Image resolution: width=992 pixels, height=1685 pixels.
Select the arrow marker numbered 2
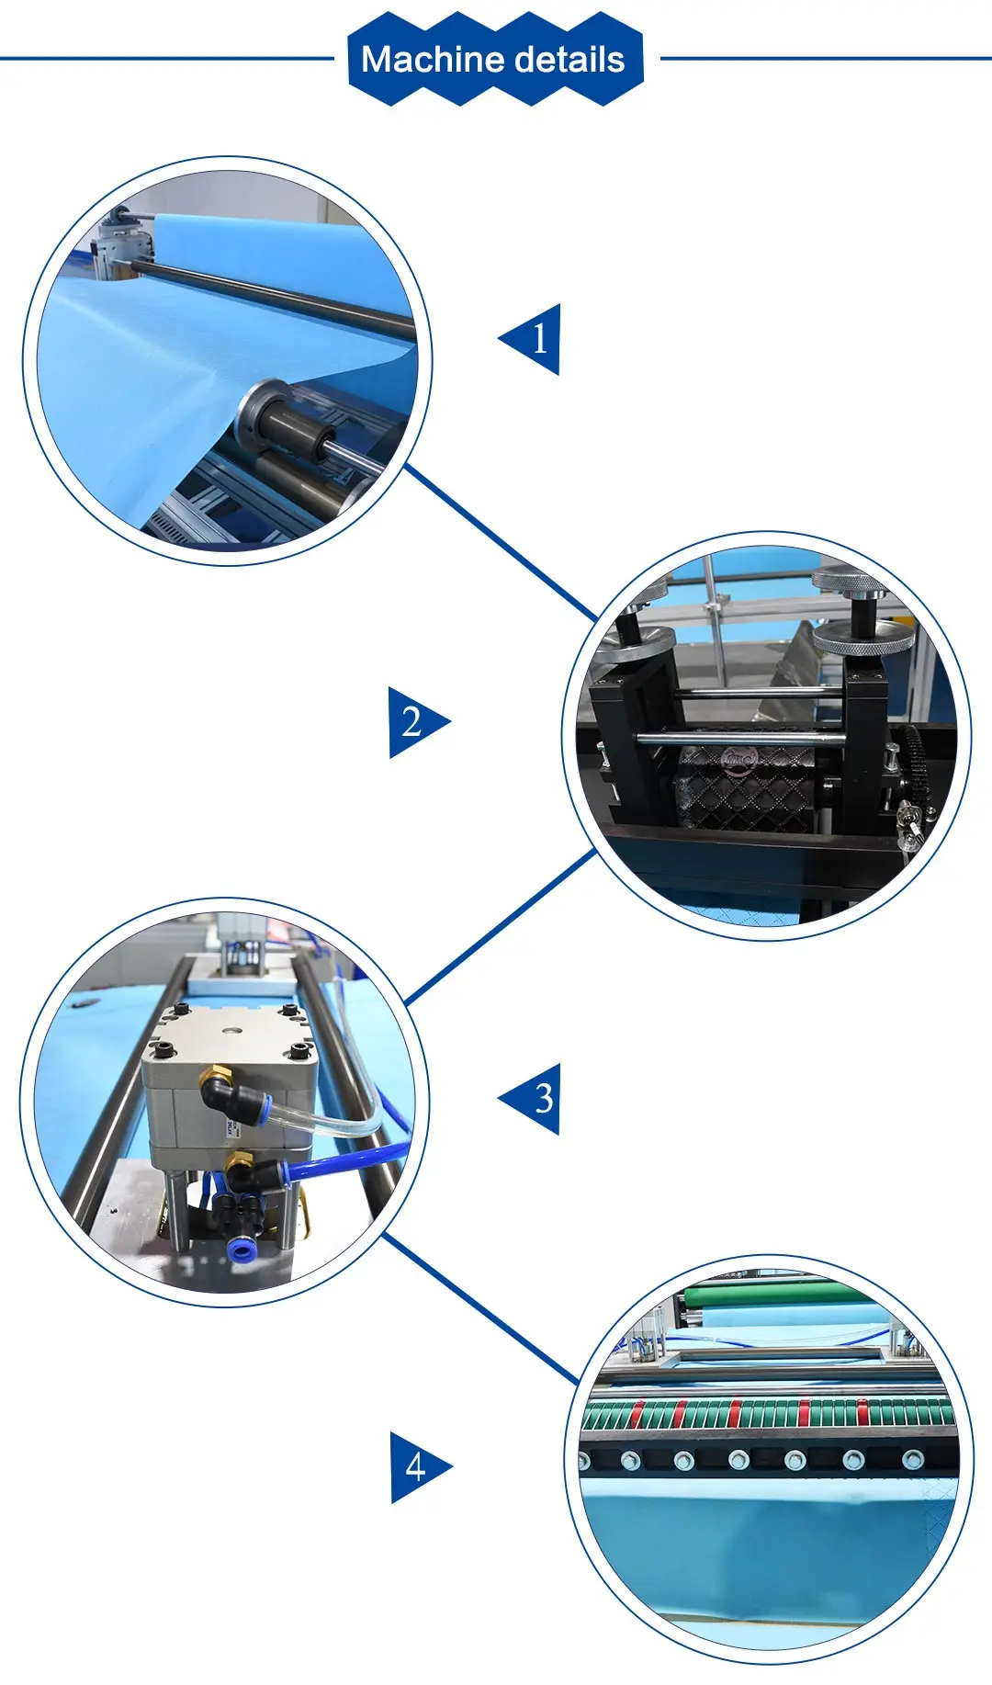[x=415, y=722]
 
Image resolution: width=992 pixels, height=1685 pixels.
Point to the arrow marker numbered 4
[x=416, y=1467]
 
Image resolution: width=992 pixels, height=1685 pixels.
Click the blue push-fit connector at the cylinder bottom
[x=241, y=1249]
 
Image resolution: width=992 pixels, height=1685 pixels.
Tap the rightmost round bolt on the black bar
[x=912, y=1459]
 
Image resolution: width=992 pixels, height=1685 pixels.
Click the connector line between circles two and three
[x=501, y=926]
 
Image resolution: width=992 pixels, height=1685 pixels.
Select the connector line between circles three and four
[x=482, y=1310]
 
